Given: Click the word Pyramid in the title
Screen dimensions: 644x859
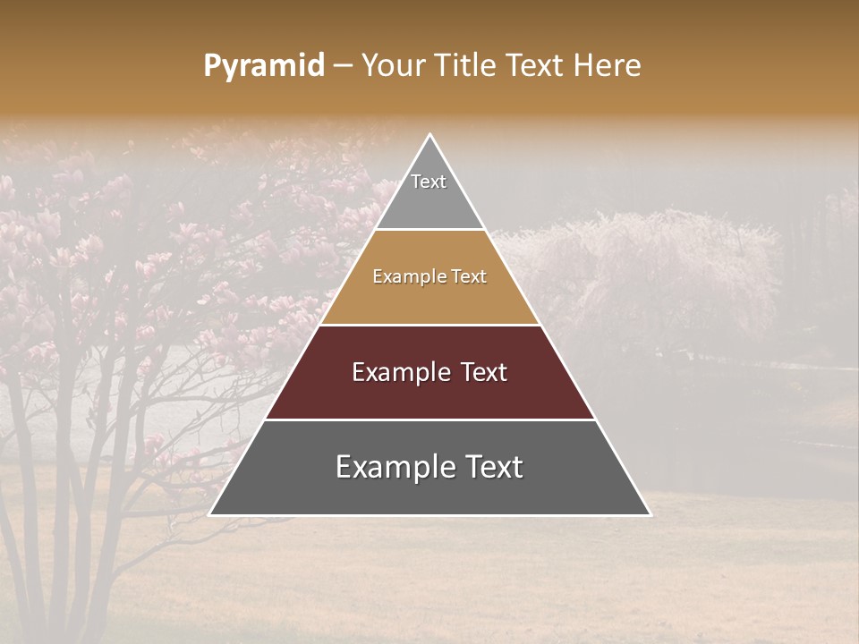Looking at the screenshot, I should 264,66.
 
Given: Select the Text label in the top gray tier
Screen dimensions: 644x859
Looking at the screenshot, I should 429,182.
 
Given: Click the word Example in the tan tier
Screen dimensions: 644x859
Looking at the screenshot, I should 407,277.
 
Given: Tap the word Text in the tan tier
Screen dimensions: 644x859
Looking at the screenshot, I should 469,277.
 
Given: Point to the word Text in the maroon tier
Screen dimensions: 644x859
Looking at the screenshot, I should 485,372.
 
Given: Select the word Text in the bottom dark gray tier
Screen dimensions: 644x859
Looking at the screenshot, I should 491,467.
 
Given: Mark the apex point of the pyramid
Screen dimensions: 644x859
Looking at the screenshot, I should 430,134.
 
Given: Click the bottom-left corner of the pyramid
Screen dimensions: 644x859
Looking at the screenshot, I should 209,515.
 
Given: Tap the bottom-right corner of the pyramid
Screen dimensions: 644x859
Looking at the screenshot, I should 651,515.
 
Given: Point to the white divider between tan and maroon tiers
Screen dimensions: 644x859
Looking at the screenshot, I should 430,325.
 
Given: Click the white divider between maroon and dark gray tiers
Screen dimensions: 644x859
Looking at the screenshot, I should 430,419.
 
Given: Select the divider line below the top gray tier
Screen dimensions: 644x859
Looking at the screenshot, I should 430,230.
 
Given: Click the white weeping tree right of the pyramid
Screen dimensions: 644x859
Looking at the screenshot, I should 644,268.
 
